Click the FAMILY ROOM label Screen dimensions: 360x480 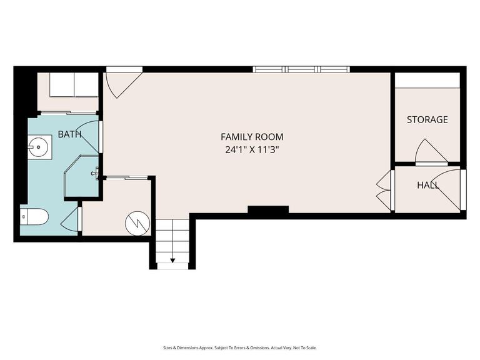point(252,136)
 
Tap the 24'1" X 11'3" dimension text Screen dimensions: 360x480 point(252,149)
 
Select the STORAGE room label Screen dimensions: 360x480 point(427,119)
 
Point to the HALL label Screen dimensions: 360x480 point(427,186)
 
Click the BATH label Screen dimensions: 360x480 point(69,134)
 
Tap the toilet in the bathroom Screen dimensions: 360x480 point(35,217)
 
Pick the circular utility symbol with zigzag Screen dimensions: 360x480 point(136,222)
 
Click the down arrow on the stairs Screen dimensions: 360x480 point(172,260)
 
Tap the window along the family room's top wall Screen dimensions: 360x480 point(302,69)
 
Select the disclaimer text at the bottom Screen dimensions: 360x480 point(240,347)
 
